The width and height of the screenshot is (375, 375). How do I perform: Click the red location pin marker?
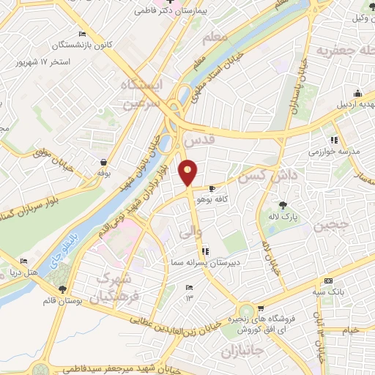(x=188, y=173)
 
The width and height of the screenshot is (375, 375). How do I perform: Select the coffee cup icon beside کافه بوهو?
(x=213, y=189)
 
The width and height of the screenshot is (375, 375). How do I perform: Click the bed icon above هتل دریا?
(x=24, y=261)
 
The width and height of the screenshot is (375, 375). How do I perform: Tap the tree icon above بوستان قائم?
(x=63, y=290)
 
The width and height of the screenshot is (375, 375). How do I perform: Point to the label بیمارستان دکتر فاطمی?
(x=170, y=12)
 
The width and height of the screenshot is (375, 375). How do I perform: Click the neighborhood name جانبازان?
(x=243, y=354)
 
